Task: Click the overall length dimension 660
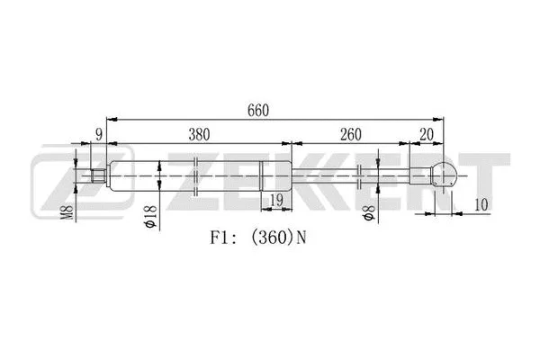258,109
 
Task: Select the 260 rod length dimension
351,134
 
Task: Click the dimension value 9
97,134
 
